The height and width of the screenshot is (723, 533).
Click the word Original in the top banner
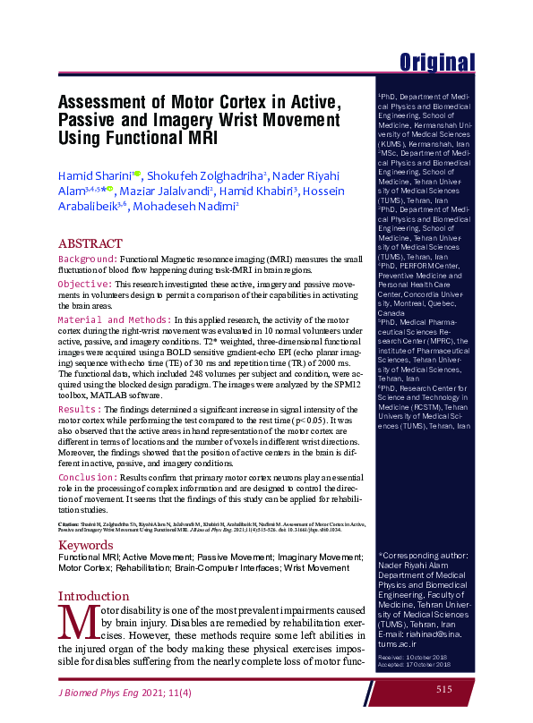(x=436, y=62)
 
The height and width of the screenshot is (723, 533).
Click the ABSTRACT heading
(x=90, y=243)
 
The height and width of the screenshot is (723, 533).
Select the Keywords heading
(x=86, y=545)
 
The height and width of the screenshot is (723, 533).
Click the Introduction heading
(x=93, y=596)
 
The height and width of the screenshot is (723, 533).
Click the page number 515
(x=444, y=689)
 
